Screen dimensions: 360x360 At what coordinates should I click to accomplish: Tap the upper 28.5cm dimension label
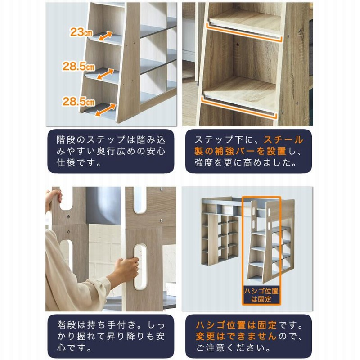pos(79,67)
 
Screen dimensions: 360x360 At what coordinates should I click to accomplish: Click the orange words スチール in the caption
pos(283,139)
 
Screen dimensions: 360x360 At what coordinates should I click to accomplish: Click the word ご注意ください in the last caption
pos(229,348)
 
